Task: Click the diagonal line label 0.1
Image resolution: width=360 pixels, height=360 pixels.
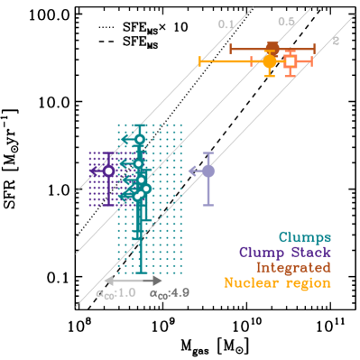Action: click(226, 24)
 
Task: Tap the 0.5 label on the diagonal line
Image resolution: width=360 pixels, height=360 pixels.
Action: click(286, 22)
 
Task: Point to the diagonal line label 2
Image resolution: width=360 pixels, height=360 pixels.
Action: click(336, 41)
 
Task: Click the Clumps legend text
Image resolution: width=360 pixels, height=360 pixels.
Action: click(304, 237)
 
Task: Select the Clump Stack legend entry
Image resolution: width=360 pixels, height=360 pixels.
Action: click(284, 253)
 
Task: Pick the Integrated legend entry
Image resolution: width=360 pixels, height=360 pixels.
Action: click(292, 268)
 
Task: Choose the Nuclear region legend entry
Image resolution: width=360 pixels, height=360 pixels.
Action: click(277, 283)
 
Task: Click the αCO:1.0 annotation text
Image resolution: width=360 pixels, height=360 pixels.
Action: click(115, 293)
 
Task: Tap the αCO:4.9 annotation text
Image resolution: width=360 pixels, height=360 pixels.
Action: click(170, 293)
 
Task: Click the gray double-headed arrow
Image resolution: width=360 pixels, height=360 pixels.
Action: click(134, 281)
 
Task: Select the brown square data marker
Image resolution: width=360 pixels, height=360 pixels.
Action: click(272, 47)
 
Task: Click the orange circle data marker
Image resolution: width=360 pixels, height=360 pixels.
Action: click(269, 61)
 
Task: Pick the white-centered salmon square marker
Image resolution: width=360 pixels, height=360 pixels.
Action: click(290, 61)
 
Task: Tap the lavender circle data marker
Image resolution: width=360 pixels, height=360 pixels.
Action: click(208, 171)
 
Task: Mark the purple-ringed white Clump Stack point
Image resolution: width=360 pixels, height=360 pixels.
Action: click(108, 171)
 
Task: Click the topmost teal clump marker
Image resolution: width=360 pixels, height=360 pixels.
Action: click(139, 139)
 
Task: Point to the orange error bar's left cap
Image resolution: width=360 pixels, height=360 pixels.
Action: click(199, 61)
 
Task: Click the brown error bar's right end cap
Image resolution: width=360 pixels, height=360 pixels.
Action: click(314, 47)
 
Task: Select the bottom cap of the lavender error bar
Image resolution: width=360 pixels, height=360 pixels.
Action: click(208, 205)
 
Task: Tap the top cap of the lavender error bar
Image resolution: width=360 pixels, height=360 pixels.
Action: click(208, 152)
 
